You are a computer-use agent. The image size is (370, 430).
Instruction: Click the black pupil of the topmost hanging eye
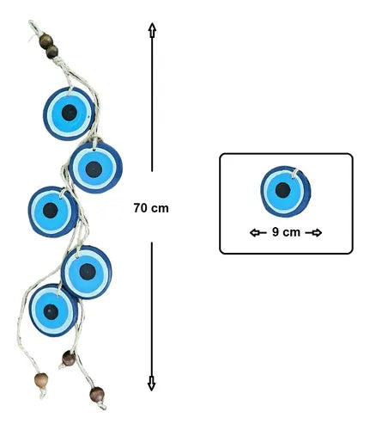[70, 113]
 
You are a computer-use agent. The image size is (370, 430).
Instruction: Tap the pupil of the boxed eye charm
[282, 190]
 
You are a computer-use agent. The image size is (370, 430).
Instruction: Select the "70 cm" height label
[151, 208]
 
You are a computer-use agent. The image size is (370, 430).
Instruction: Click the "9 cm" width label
[286, 232]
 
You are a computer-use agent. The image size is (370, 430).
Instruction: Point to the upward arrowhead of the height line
[152, 30]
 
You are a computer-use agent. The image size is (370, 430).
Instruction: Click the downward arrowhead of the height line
[151, 384]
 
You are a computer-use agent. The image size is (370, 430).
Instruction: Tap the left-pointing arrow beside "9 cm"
[258, 232]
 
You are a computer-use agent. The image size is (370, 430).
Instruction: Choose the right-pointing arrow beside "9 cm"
[313, 233]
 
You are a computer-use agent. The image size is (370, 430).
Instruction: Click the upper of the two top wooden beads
[45, 40]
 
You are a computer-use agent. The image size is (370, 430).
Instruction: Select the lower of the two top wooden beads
[52, 52]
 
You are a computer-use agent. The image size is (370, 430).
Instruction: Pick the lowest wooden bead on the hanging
[97, 395]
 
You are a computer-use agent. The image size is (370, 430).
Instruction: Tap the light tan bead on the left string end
[41, 380]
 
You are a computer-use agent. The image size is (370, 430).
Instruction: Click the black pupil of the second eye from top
[94, 169]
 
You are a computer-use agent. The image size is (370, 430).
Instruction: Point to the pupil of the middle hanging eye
[51, 211]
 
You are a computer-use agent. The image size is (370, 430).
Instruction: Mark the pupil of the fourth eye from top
[88, 272]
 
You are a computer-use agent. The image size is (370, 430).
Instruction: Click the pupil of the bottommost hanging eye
[51, 312]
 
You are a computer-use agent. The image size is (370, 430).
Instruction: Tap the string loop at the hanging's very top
[32, 26]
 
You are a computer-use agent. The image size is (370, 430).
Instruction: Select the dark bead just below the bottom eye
[69, 359]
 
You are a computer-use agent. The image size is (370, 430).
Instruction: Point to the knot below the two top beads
[58, 61]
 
